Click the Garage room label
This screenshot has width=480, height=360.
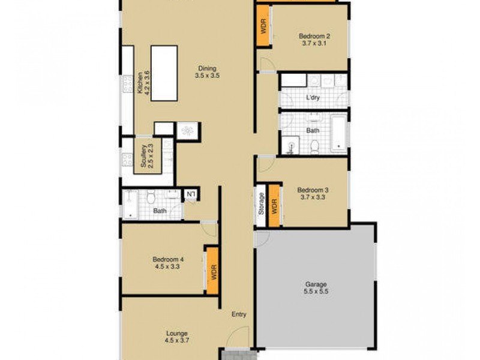tap(316, 284)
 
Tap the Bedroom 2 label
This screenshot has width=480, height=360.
tap(314, 36)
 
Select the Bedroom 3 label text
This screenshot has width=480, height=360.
tap(313, 190)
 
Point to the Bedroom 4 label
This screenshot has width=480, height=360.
tap(168, 259)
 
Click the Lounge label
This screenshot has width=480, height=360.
tap(177, 334)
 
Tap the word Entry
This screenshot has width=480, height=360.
tap(239, 314)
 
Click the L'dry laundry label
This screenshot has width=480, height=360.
tap(313, 97)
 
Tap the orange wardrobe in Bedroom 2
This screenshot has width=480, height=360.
tap(262, 26)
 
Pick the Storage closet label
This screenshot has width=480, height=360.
tap(262, 205)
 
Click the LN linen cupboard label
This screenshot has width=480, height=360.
tap(191, 194)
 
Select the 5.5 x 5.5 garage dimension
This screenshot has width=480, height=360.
tap(316, 292)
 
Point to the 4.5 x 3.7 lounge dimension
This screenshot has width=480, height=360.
tap(177, 341)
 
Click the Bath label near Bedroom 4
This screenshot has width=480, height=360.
tap(159, 211)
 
